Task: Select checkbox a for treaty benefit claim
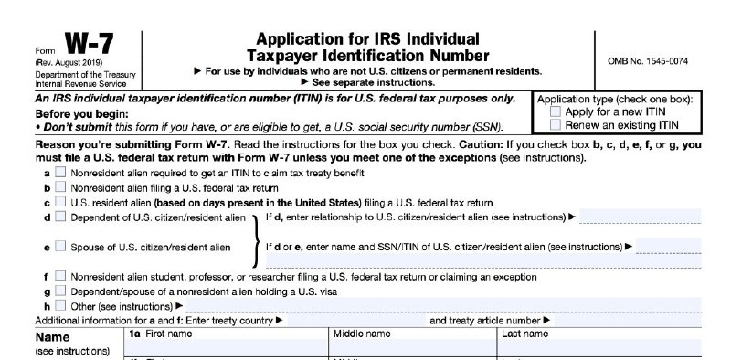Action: click(x=60, y=172)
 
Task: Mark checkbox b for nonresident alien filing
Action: click(x=60, y=186)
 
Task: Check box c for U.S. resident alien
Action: click(x=60, y=202)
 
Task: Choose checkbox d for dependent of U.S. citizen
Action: click(x=60, y=217)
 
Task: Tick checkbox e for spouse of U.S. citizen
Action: click(x=60, y=247)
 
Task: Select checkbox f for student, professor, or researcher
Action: click(x=60, y=276)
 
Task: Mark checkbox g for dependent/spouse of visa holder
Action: click(x=60, y=291)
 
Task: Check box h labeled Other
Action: click(x=60, y=305)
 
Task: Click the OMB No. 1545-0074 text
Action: click(x=648, y=61)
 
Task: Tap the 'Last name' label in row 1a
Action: click(x=524, y=334)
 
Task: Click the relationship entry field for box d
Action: click(x=640, y=217)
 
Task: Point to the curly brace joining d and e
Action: click(x=255, y=232)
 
